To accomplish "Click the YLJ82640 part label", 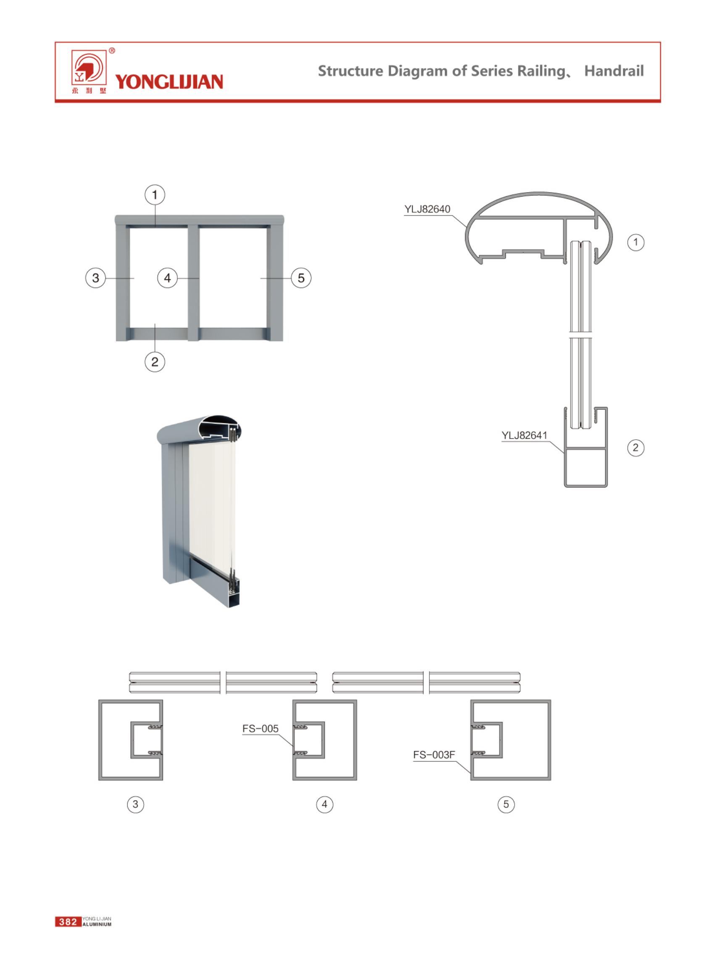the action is click(x=427, y=209).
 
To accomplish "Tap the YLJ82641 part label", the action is click(x=525, y=435).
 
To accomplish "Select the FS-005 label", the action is click(x=260, y=729).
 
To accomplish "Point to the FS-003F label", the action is click(x=434, y=755).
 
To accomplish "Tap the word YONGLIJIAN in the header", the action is click(x=169, y=82).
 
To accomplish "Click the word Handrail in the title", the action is click(x=614, y=71).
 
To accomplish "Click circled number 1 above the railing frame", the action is click(x=155, y=195).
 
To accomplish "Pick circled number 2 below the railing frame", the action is click(x=155, y=361).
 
